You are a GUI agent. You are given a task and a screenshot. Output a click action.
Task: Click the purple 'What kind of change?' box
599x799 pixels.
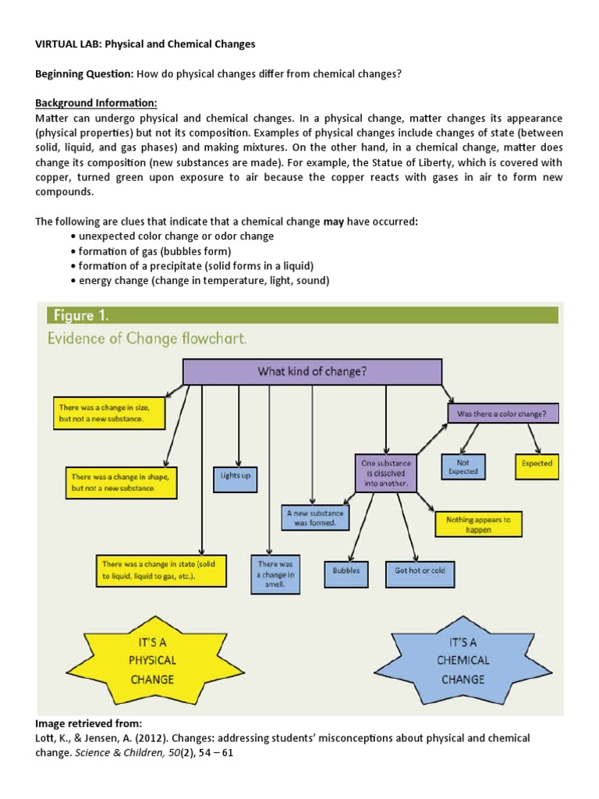point(312,372)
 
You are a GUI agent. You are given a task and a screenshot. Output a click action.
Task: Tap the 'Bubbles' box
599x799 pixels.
point(346,570)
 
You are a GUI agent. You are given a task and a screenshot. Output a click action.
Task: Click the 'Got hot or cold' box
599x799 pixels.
point(420,570)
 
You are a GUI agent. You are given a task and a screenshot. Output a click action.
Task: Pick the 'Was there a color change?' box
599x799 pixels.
point(502,413)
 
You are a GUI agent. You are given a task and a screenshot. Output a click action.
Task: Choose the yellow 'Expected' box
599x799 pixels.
point(537,463)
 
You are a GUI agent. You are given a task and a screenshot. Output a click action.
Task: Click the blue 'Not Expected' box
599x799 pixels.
point(463,467)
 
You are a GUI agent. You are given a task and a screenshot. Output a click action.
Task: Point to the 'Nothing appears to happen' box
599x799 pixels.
point(478,524)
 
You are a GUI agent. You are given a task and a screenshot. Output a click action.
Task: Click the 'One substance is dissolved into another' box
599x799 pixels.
point(386,473)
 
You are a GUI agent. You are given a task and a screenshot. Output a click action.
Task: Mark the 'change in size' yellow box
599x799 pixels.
point(109,414)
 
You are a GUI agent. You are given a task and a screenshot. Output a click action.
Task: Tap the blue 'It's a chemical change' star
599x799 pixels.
point(463,659)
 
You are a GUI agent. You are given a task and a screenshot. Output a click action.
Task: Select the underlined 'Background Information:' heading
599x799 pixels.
point(96,103)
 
